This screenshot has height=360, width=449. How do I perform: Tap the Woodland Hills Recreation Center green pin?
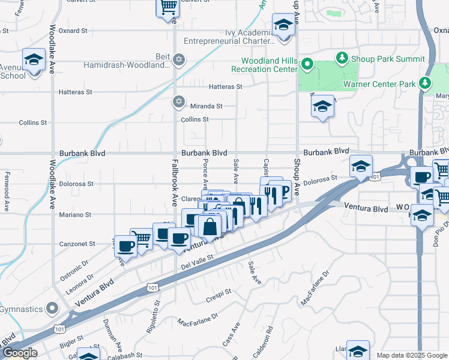click(x=307, y=64)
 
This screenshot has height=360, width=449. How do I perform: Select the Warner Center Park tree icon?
click(x=426, y=83)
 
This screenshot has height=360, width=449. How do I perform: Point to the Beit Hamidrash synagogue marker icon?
click(x=178, y=60)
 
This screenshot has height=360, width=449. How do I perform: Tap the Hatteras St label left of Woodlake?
click(x=76, y=92)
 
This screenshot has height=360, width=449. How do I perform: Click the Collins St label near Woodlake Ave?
click(x=32, y=122)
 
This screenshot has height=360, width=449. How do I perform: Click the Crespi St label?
click(x=219, y=292)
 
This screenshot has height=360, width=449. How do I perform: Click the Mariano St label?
click(x=76, y=214)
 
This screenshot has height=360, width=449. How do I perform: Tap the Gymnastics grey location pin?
click(x=52, y=309)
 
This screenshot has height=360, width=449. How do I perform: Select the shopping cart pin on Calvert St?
click(x=168, y=8)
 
